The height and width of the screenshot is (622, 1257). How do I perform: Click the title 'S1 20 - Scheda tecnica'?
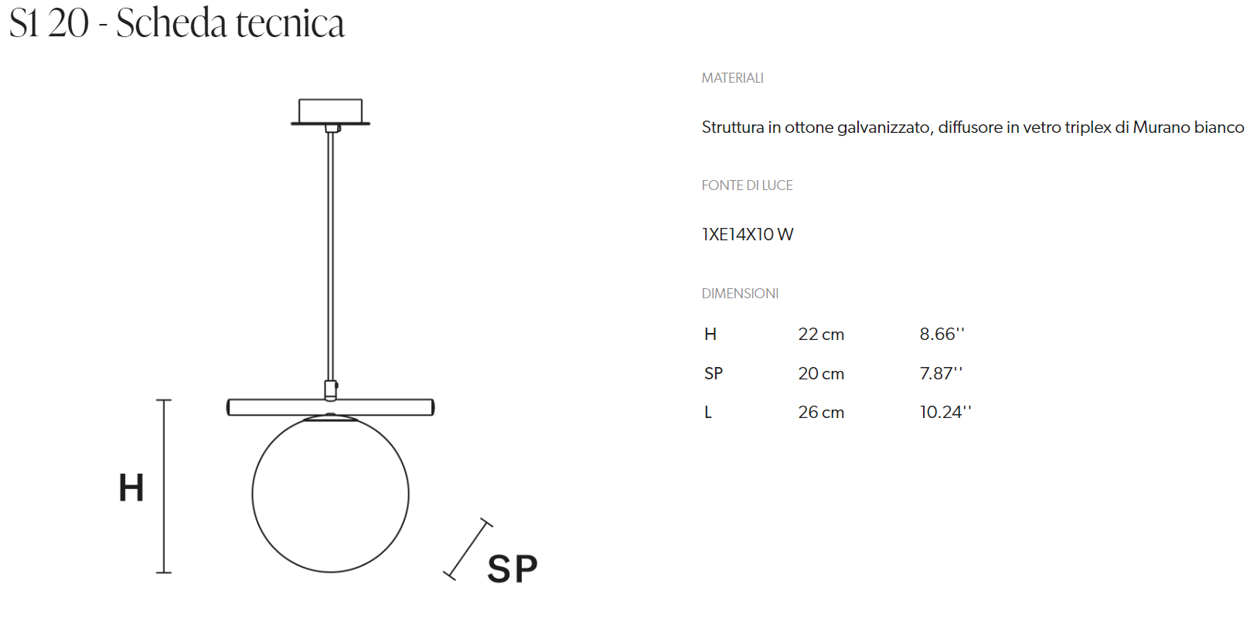177,24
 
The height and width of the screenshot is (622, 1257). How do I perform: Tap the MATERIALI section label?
732,78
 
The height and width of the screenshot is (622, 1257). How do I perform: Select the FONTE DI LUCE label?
747,185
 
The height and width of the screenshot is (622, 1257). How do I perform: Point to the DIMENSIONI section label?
740,294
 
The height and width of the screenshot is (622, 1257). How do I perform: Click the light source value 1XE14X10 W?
748,234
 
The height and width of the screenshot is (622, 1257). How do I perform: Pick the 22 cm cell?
821,335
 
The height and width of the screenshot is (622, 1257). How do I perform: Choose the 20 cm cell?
821,373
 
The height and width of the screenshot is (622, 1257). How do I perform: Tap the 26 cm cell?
821,413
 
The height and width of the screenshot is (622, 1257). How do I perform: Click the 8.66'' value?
942,335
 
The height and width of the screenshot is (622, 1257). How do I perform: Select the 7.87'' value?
941,373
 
